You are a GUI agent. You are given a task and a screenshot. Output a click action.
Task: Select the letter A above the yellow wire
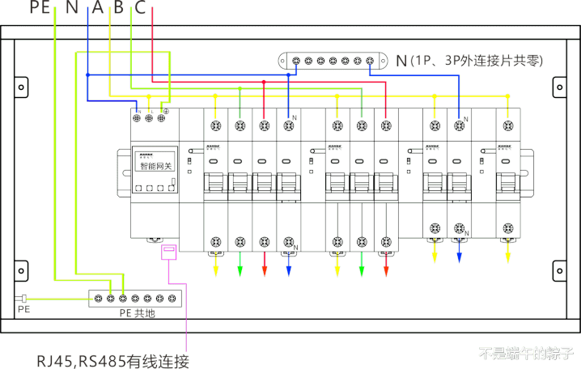pyautogui.click(x=97, y=8)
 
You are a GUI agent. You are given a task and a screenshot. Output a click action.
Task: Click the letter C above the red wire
pyautogui.click(x=141, y=8)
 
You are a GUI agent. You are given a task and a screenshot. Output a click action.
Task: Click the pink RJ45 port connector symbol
pyautogui.click(x=169, y=253)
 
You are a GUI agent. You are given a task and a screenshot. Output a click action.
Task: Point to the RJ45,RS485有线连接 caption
pyautogui.click(x=112, y=359)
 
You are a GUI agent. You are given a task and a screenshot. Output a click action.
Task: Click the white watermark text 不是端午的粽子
pyautogui.click(x=525, y=353)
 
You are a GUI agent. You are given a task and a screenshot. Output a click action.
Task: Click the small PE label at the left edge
pyautogui.click(x=23, y=308)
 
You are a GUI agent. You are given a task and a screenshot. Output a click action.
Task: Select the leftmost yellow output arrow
pyautogui.click(x=216, y=269)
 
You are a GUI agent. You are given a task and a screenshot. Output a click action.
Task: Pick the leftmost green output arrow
pyautogui.click(x=240, y=269)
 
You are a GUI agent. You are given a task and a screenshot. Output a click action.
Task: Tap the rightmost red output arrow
pyautogui.click(x=386, y=269)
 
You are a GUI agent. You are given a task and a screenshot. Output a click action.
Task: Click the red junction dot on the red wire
pyautogui.click(x=265, y=83)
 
